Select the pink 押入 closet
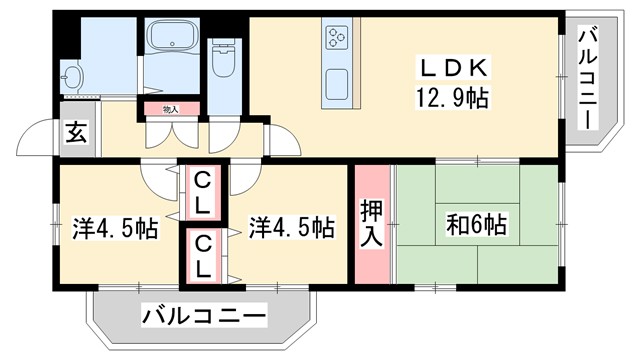pyautogui.click(x=371, y=225)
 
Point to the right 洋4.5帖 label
pyautogui.click(x=291, y=227)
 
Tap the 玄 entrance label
pyautogui.click(x=76, y=131)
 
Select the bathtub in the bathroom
pyautogui.click(x=174, y=41)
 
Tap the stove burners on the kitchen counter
pyautogui.click(x=335, y=39)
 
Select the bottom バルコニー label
pyautogui.click(x=204, y=316)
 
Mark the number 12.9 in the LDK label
pyautogui.click(x=438, y=98)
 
